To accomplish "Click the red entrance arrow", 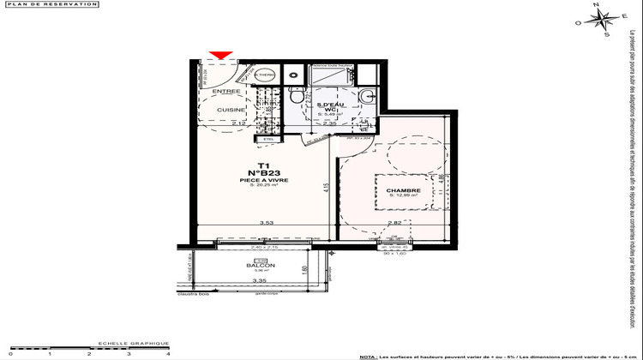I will (x=220, y=57).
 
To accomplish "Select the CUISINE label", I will (x=231, y=110).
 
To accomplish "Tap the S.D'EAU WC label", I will (x=328, y=107).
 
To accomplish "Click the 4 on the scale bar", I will (x=168, y=353).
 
